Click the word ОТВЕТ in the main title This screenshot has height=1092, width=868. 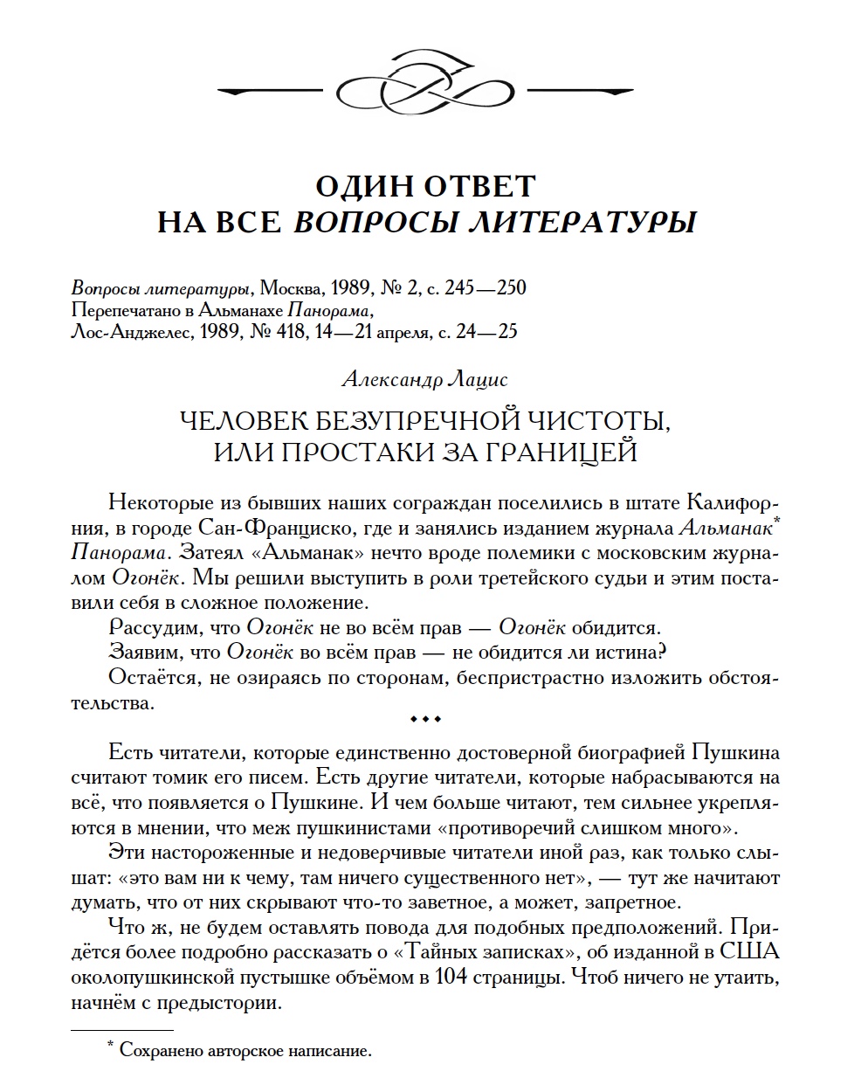482,186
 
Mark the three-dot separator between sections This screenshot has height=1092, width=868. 425,719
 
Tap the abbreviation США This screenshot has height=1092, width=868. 752,951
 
